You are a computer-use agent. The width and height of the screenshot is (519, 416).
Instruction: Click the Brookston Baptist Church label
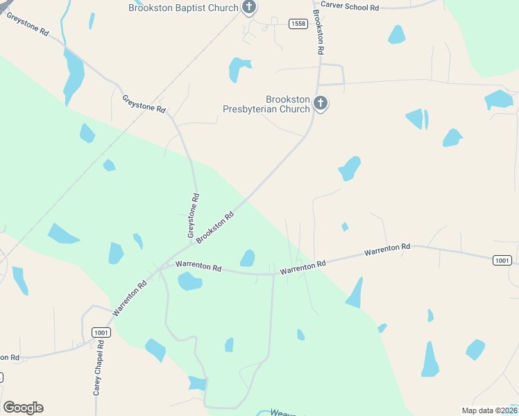pyautogui.click(x=183, y=8)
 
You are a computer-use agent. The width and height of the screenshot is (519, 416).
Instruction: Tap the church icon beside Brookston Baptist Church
pyautogui.click(x=250, y=8)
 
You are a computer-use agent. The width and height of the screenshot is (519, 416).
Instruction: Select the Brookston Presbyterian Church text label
pyautogui.click(x=266, y=104)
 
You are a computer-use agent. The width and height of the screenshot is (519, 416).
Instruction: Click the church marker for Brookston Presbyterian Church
pyautogui.click(x=321, y=104)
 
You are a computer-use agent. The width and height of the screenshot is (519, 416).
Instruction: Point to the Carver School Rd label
pyautogui.click(x=350, y=7)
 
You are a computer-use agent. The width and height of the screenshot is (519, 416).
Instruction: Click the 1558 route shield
pyautogui.click(x=298, y=24)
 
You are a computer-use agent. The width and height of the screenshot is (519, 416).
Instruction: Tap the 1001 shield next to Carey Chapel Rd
pyautogui.click(x=101, y=333)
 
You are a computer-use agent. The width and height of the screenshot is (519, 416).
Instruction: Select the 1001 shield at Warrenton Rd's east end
pyautogui.click(x=503, y=260)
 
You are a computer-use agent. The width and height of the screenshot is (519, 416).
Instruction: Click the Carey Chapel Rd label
pyautogui.click(x=99, y=367)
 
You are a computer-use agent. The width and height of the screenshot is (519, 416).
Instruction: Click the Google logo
pyautogui.click(x=23, y=408)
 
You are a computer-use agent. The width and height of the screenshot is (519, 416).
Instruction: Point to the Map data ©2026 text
pyautogui.click(x=488, y=410)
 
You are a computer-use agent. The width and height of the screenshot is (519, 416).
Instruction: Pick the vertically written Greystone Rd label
pyautogui.click(x=194, y=214)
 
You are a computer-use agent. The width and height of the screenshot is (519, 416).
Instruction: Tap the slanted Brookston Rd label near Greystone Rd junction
pyautogui.click(x=215, y=228)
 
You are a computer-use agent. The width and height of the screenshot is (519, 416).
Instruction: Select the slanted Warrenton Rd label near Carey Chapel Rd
pyautogui.click(x=130, y=299)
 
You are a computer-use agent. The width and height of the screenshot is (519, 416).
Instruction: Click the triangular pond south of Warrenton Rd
pyautogui.click(x=355, y=294)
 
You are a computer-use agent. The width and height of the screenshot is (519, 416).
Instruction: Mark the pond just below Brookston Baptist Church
pyautogui.click(x=239, y=69)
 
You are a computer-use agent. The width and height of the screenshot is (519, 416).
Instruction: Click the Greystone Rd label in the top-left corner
pyautogui.click(x=28, y=23)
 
